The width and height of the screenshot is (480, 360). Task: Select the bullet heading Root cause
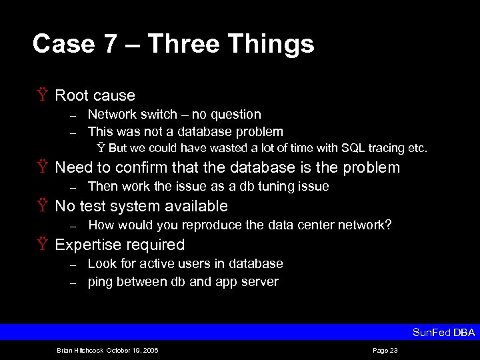(95, 95)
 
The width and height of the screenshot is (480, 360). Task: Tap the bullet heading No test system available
(141, 206)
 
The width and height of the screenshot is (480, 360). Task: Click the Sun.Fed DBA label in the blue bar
(443, 332)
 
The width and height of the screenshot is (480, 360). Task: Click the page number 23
(393, 350)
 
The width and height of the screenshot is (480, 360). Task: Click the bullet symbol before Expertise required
(44, 245)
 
